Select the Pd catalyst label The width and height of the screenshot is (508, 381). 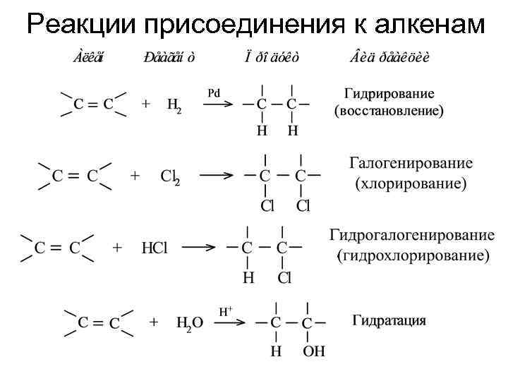(x=214, y=92)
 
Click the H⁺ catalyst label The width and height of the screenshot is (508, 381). (x=226, y=310)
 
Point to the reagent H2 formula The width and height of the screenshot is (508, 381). (x=174, y=105)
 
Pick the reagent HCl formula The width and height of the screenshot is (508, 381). (x=154, y=248)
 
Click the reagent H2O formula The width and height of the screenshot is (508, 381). (x=189, y=323)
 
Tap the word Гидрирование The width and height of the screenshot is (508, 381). (x=389, y=94)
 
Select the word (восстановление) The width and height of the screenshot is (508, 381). (x=389, y=111)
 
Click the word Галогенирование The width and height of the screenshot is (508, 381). (x=411, y=163)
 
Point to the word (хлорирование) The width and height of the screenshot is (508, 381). (x=410, y=184)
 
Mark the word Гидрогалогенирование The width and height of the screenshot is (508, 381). (x=412, y=235)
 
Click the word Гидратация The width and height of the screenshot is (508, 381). (x=389, y=321)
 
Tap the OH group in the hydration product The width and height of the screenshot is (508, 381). (x=314, y=351)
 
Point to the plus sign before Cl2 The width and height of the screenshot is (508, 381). (x=135, y=176)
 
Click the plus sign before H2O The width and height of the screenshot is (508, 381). (x=154, y=322)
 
